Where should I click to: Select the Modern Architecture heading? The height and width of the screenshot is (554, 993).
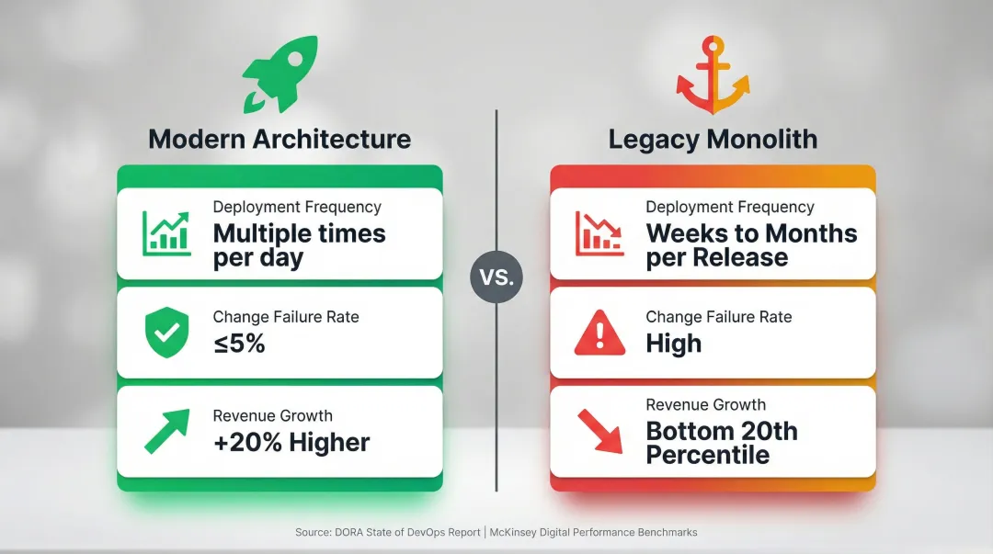pos(280,139)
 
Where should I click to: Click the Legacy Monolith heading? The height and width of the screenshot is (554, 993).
pos(713,140)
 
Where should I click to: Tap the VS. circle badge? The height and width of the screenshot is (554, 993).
pos(496,276)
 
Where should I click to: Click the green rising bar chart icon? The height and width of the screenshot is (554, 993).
pos(165,233)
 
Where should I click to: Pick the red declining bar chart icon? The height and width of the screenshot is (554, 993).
pos(599,233)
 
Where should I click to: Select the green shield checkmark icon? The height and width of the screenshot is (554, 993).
pos(166,332)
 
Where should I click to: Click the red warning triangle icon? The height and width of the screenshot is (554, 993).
pos(599,333)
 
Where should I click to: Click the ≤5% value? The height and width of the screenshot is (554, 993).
pos(239,344)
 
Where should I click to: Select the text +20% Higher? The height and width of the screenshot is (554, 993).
pos(291,442)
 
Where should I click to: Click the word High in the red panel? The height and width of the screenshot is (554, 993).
pos(673,344)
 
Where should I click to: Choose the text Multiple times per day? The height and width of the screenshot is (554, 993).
pos(299,245)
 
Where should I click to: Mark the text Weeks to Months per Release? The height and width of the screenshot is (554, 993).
pos(750,245)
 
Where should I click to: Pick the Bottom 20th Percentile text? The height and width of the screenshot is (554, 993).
pos(721,442)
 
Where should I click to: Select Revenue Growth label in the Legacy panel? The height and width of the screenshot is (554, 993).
pos(705,405)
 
